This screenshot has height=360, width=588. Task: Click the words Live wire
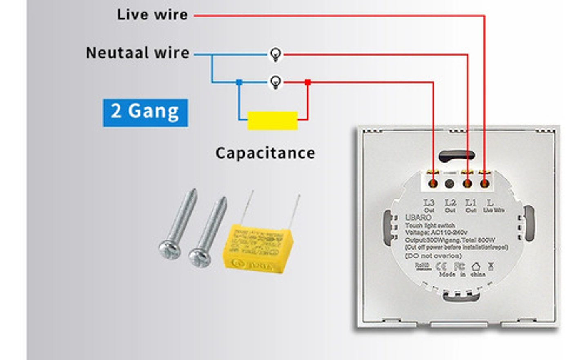click(x=152, y=15)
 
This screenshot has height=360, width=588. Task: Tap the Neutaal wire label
click(x=138, y=53)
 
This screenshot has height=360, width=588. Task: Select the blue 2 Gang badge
click(x=145, y=112)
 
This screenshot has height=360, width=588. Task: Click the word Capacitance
click(x=265, y=153)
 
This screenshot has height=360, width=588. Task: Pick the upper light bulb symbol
click(x=276, y=54)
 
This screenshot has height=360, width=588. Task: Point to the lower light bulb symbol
click(x=276, y=83)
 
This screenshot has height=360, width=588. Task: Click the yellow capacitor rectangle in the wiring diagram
click(x=272, y=121)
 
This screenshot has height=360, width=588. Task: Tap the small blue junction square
click(x=239, y=83)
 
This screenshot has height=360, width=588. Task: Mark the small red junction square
click(x=307, y=83)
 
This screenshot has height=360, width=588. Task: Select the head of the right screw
click(x=200, y=257)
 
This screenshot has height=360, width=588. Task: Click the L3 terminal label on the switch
click(x=429, y=203)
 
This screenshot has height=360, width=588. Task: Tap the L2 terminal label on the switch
click(x=450, y=203)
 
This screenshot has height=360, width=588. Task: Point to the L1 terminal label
click(x=471, y=203)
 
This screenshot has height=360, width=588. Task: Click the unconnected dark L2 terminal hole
click(x=450, y=184)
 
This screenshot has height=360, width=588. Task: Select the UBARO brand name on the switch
click(x=418, y=217)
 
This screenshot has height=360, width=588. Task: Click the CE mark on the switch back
click(x=441, y=266)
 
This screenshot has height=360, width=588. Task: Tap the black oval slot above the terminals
click(x=457, y=156)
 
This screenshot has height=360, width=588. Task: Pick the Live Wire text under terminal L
click(x=494, y=210)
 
